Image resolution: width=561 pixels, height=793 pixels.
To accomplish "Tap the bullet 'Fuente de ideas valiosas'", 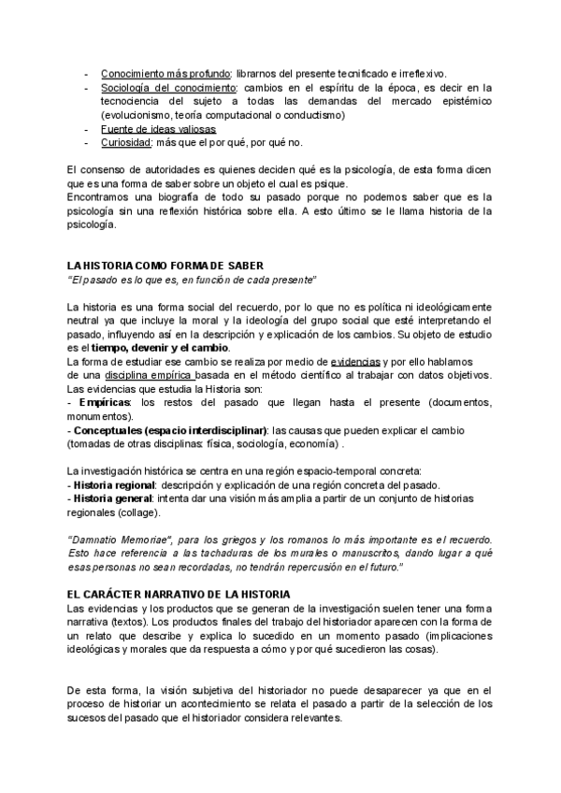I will pos(158,129).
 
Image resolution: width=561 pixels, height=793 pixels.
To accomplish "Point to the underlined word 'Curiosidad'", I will pos(126,143).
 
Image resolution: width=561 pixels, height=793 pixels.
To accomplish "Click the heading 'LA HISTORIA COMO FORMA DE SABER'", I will pos(160,266).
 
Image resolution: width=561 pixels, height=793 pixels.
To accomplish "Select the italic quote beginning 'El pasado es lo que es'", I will pos(193,280).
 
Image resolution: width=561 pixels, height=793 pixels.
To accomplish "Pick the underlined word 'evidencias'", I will pos(355,361).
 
